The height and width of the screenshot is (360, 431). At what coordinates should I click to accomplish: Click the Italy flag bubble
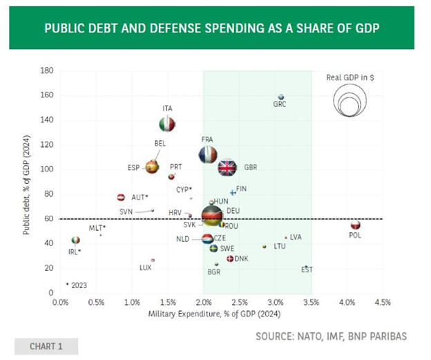(166, 124)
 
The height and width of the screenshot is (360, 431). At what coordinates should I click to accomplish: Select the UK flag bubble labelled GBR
(227, 167)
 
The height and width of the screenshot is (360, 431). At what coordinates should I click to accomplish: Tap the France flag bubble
(207, 155)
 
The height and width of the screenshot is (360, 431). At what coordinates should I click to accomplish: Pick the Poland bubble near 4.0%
(355, 225)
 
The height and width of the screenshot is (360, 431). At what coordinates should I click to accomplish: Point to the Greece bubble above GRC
(280, 97)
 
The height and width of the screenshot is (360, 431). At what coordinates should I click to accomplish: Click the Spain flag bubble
(152, 167)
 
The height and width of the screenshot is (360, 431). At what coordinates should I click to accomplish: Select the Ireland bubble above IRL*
(75, 240)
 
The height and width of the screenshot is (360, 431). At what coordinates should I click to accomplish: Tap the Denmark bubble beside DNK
(230, 258)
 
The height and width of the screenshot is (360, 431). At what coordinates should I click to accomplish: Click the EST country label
(307, 270)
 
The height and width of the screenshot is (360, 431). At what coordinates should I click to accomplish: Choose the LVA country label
(296, 237)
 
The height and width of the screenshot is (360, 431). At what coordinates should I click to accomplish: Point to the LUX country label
(145, 267)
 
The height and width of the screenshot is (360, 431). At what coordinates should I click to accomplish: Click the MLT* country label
(97, 227)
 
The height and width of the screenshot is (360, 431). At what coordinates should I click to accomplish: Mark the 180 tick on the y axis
(48, 70)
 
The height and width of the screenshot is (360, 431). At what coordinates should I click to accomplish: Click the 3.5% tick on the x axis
(311, 302)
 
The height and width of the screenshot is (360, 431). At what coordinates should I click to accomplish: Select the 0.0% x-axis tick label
(61, 302)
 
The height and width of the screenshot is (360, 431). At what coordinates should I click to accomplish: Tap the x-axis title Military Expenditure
(202, 314)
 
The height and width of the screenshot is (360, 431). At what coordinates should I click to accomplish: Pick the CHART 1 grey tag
(46, 346)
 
